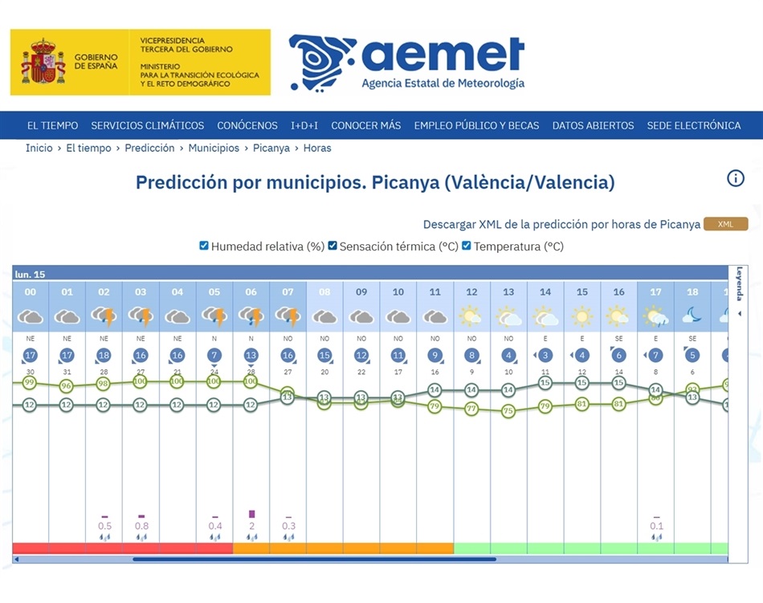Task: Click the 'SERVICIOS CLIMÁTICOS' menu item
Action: [x=147, y=125]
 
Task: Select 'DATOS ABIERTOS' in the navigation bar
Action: [x=593, y=125]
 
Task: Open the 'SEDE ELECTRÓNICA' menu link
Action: [x=694, y=125]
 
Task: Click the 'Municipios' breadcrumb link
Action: [x=214, y=148]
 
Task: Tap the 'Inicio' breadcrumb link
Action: [x=39, y=148]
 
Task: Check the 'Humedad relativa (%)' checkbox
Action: [x=204, y=246]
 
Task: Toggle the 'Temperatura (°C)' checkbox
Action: [x=467, y=246]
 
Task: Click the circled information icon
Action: [x=736, y=178]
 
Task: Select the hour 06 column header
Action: [x=251, y=292]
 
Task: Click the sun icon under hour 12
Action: [x=471, y=316]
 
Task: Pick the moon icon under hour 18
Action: [x=692, y=316]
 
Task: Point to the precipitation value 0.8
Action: [x=141, y=526]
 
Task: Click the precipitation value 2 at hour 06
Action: [x=251, y=526]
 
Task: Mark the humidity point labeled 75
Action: [x=508, y=411]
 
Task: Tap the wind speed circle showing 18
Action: [x=104, y=355]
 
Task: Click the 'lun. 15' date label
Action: [x=30, y=274]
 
